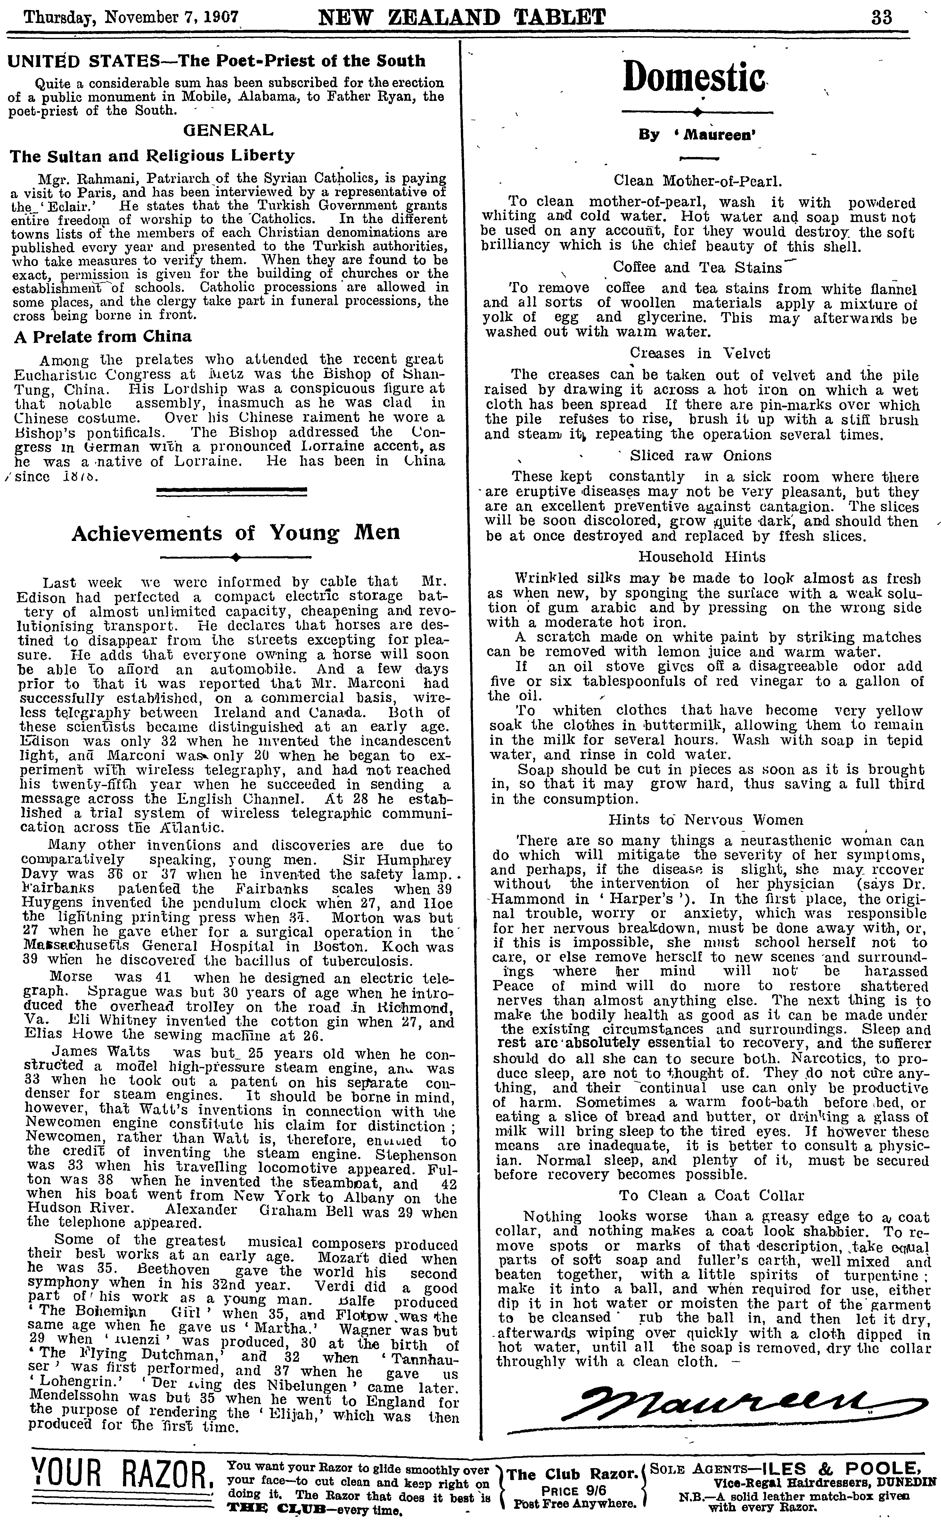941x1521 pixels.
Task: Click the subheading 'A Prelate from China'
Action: pyautogui.click(x=103, y=337)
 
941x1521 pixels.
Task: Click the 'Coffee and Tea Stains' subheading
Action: pyautogui.click(x=697, y=268)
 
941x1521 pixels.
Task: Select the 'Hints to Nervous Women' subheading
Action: pyautogui.click(x=706, y=820)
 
